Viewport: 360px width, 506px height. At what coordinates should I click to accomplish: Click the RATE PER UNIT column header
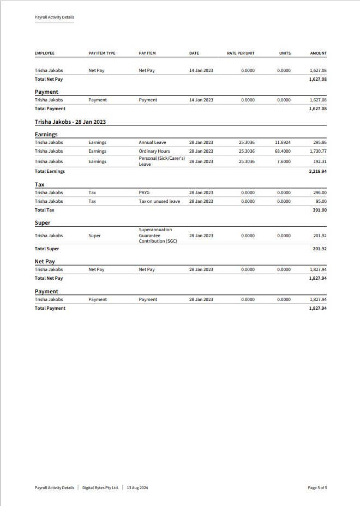tap(241, 53)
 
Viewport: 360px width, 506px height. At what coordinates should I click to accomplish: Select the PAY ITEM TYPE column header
tap(102, 53)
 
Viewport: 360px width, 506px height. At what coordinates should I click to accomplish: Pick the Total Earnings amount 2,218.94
tap(317, 171)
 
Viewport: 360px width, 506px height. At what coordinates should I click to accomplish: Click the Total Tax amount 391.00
tap(320, 210)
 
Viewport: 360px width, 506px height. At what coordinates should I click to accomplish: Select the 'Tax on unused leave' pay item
tap(159, 201)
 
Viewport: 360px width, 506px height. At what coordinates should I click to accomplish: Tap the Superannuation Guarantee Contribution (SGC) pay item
tap(158, 236)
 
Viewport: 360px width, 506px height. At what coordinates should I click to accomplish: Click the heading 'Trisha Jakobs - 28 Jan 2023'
tap(70, 122)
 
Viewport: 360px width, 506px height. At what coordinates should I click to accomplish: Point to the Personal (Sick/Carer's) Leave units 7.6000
tap(284, 161)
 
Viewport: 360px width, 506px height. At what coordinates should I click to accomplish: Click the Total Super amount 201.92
tap(319, 249)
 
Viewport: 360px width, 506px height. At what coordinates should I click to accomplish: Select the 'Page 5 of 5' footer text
tap(317, 487)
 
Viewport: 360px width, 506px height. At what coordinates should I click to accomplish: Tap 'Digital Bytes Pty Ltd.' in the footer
tap(100, 487)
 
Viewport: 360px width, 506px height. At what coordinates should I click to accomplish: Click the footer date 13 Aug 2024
tap(137, 487)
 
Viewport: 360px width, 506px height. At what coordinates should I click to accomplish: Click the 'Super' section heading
tap(43, 223)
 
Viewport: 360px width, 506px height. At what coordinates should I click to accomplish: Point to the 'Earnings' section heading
tap(46, 134)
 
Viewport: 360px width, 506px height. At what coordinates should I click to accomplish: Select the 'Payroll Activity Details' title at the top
tap(55, 17)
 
